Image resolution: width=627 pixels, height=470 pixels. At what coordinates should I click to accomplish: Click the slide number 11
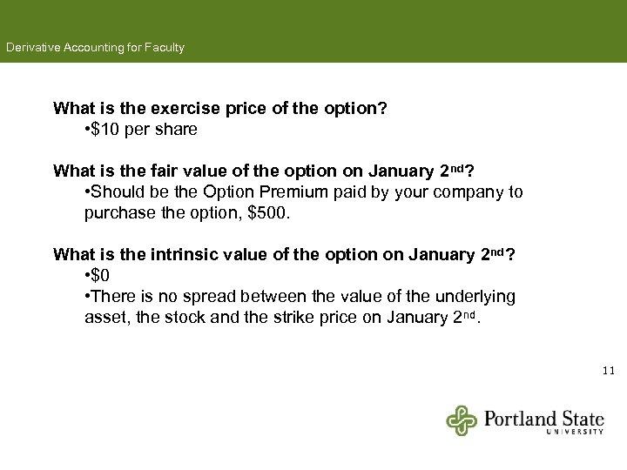[x=608, y=371]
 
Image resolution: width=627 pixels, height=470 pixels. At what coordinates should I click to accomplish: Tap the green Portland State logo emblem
[x=462, y=420]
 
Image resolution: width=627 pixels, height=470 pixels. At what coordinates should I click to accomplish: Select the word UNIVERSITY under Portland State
[x=575, y=432]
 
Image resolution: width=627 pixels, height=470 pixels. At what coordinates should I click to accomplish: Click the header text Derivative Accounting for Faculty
[x=95, y=48]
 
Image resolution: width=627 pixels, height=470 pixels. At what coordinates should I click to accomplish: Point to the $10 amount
[x=106, y=130]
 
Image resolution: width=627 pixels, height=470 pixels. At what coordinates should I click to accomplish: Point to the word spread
[x=207, y=297]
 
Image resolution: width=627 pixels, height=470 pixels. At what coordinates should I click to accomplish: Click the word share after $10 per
[x=177, y=130]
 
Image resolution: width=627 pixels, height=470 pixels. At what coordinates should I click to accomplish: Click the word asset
[x=104, y=318]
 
